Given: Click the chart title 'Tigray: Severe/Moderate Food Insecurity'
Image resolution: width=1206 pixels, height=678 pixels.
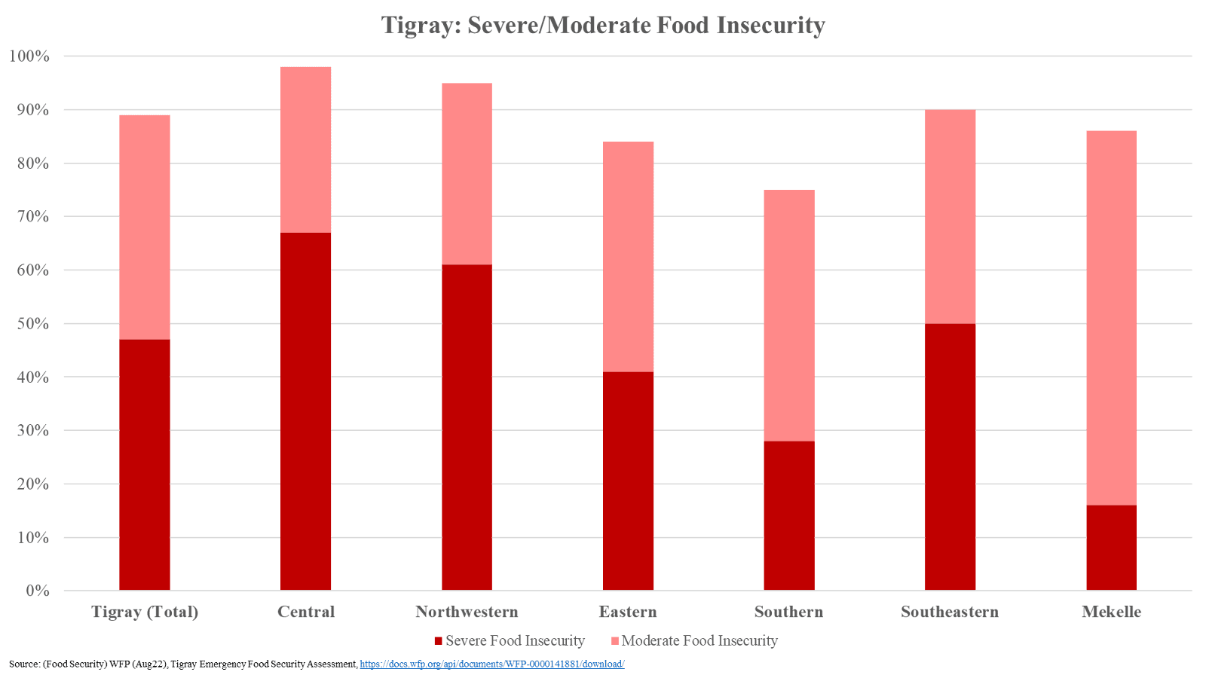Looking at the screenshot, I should click(603, 25).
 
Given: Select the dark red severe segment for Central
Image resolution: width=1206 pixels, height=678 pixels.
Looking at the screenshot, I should click(305, 411).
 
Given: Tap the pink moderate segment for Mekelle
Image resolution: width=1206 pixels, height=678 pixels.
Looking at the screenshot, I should click(1111, 317).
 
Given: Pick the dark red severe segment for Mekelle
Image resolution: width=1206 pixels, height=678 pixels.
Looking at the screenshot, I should click(1111, 548).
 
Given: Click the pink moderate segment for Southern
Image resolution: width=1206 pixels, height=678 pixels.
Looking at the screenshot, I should click(788, 315).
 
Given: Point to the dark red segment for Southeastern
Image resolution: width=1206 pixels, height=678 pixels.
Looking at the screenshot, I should click(950, 457).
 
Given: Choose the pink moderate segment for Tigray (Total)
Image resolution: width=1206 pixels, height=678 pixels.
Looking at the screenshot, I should click(145, 227).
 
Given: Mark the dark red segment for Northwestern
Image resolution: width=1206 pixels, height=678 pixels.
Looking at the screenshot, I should click(467, 427).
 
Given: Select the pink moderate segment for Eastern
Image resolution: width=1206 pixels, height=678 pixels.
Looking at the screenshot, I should click(628, 256).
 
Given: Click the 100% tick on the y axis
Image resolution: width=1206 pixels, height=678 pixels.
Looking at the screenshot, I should click(30, 56).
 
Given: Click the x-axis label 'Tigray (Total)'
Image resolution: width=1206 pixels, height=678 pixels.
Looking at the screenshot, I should click(145, 611).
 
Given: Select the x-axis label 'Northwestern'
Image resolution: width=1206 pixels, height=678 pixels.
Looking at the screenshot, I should click(467, 611).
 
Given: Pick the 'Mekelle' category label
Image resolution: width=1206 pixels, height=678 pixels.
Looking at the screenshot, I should click(1111, 611).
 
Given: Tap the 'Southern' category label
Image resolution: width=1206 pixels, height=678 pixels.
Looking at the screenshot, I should click(788, 611).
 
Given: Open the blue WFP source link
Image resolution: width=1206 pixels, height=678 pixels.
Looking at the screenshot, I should click(492, 664).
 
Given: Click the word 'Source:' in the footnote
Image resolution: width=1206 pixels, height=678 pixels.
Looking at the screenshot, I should click(24, 664).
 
